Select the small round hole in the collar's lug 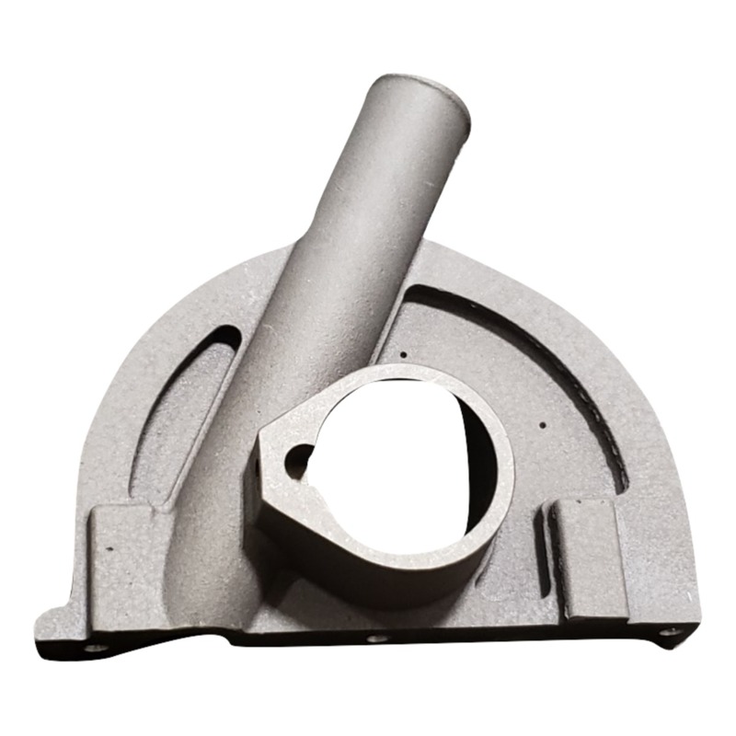click(298, 456)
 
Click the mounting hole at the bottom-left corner click(91, 647)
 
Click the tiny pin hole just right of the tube click(405, 354)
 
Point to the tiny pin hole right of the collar click(542, 425)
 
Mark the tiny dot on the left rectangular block click(110, 549)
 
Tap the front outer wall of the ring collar click(386, 570)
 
